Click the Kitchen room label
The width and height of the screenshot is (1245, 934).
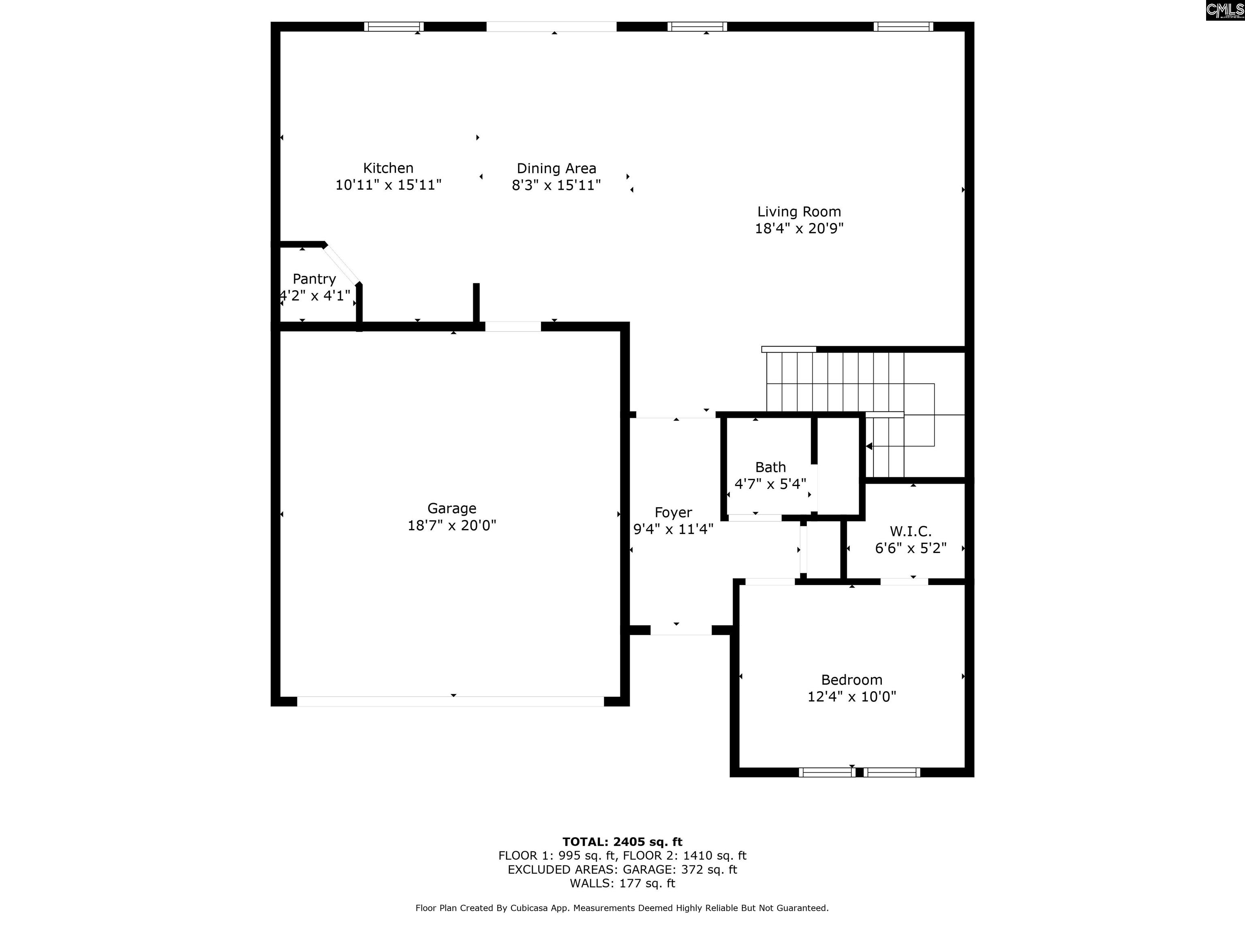388,168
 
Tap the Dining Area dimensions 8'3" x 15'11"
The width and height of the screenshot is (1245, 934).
556,185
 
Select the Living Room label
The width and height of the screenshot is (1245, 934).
799,212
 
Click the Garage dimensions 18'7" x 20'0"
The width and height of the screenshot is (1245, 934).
451,525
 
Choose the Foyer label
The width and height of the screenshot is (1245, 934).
673,513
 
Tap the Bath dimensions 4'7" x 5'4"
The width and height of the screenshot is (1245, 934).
770,484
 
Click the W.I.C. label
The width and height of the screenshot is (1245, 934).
910,531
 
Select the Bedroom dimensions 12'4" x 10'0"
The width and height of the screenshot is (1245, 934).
851,697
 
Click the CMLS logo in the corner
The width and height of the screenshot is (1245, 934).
1225,10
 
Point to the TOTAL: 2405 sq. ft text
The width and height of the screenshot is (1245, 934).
622,842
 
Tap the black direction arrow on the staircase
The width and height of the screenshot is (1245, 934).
869,446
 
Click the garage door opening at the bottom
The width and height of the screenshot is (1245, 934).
450,701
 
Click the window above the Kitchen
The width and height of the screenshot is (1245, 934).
394,26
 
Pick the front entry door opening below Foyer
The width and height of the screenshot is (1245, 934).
681,630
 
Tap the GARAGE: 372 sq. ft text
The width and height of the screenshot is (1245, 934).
680,869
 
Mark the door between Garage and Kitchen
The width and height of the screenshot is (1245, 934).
513,326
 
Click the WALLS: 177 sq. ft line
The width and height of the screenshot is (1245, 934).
622,883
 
